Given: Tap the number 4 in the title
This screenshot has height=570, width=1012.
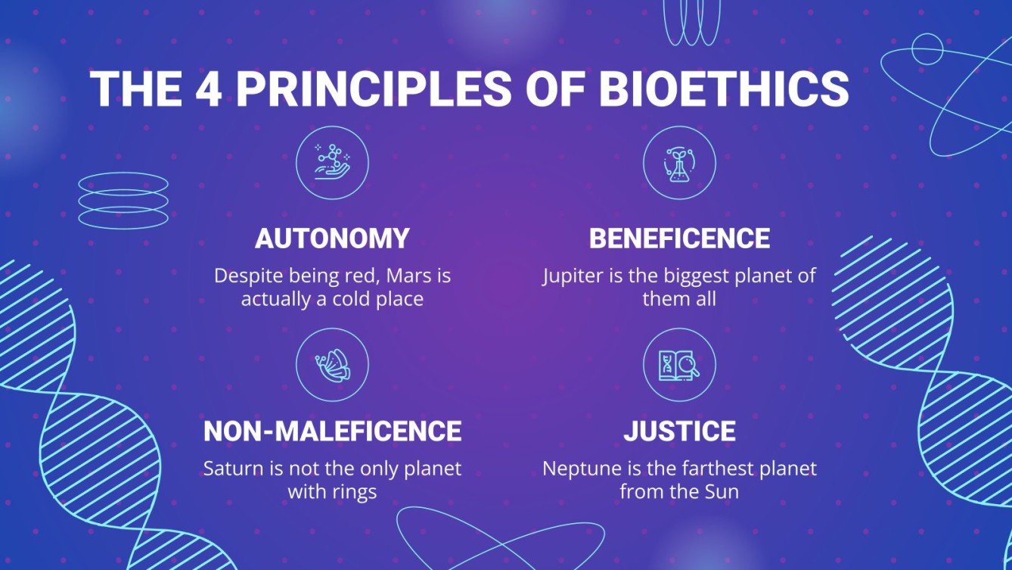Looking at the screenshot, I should coord(209,89).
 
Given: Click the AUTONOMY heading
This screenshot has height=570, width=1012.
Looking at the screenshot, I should coord(332,238).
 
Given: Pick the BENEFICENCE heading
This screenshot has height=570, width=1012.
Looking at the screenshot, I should coord(679,238).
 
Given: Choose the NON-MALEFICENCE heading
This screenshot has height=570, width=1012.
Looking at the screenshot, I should coord(332,431).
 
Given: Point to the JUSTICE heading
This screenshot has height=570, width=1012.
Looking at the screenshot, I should coord(679,431).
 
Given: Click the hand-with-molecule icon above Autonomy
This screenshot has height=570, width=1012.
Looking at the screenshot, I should coord(332,163).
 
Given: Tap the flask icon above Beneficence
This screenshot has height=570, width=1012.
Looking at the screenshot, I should coord(679,163).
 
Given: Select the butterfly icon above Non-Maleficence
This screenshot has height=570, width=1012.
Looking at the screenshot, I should coord(332,365).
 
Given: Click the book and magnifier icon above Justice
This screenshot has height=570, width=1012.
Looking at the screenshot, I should coord(679,365).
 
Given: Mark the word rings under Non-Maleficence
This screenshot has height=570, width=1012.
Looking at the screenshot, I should coord(353,492).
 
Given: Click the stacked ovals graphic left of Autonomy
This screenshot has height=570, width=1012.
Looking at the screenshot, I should coord(123,201).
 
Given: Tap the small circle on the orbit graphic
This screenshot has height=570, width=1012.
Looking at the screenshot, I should coord(927,48).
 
